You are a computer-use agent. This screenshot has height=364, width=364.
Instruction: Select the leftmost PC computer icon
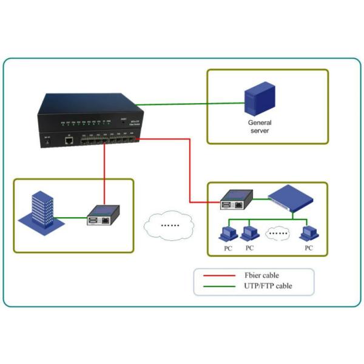point(226,232)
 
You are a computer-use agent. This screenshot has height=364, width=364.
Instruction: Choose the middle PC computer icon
point(248,232)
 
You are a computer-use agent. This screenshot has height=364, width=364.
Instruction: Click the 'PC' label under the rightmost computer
point(309,248)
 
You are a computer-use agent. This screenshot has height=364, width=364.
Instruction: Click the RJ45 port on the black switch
point(69,140)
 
